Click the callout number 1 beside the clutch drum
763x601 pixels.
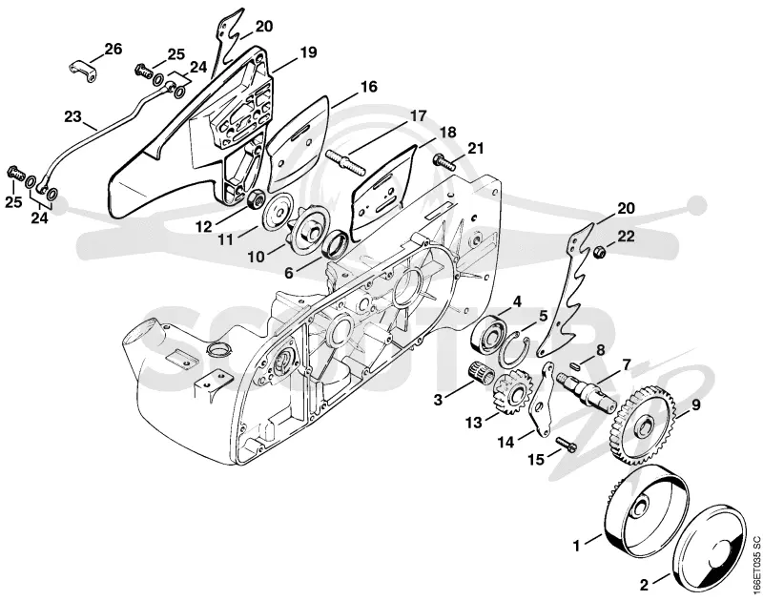577,546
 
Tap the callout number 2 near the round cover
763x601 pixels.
644,585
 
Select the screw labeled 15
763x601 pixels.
567,443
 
